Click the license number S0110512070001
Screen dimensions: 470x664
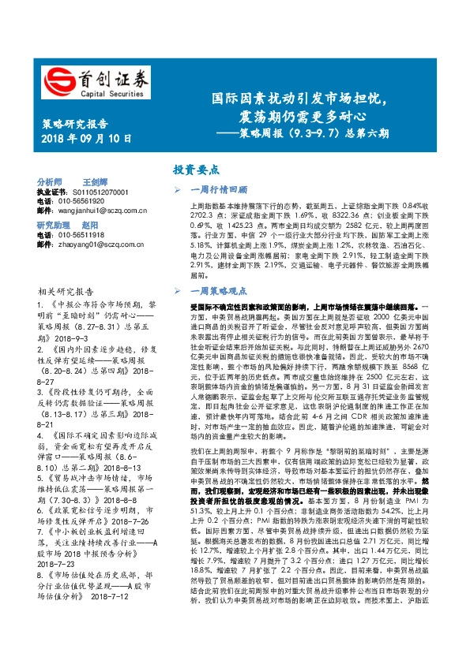[100, 192]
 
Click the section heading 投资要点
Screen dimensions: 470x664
[196, 169]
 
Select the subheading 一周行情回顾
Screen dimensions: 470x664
[220, 189]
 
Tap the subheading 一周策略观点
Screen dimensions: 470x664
[220, 313]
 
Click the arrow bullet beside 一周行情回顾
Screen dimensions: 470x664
[178, 189]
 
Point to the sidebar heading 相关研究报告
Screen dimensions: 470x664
[64, 291]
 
